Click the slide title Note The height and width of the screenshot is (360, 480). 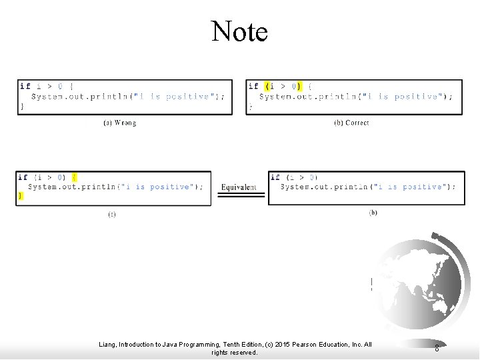pyautogui.click(x=239, y=31)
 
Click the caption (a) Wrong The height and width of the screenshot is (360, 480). pyautogui.click(x=120, y=123)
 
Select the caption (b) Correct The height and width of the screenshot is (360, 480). pyautogui.click(x=351, y=123)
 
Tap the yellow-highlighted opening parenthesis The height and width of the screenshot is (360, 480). pyautogui.click(x=267, y=86)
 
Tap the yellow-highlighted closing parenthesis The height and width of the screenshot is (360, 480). pyautogui.click(x=299, y=86)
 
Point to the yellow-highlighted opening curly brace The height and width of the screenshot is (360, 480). pyautogui.click(x=74, y=177)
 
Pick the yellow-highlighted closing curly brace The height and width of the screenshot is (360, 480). pyautogui.click(x=21, y=195)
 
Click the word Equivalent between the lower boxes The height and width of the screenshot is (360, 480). pyautogui.click(x=239, y=187)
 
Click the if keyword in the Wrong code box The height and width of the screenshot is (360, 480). pyautogui.click(x=25, y=86)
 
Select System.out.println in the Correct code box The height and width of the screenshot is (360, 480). pyautogui.click(x=304, y=97)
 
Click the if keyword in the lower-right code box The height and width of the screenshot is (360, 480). pyautogui.click(x=275, y=177)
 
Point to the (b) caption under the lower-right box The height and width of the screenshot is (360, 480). pyautogui.click(x=373, y=213)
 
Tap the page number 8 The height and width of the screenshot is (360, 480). pyautogui.click(x=437, y=348)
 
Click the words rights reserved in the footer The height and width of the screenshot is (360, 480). pyautogui.click(x=234, y=353)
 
